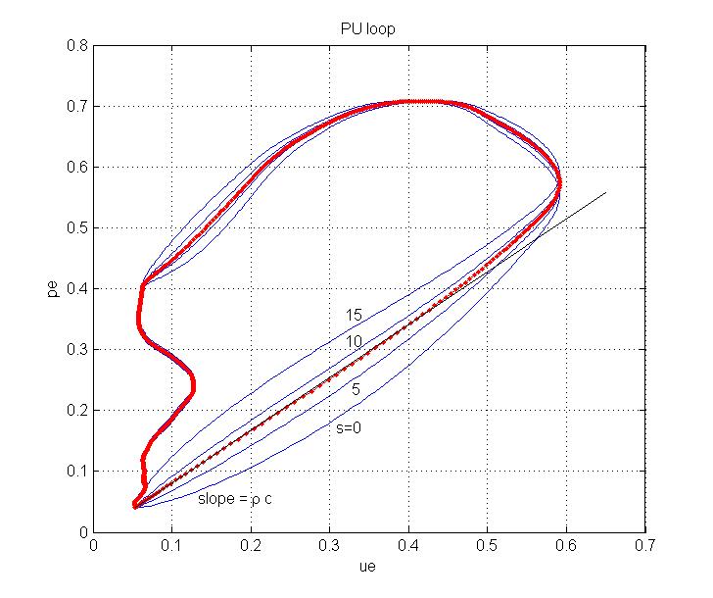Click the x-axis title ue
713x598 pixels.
(x=369, y=567)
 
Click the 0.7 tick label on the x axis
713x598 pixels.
(x=644, y=545)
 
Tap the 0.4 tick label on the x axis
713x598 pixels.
(x=408, y=545)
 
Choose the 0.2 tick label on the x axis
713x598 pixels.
(x=251, y=545)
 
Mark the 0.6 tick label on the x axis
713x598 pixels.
(x=566, y=545)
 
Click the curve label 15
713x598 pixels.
(x=354, y=316)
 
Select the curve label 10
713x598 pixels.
(x=354, y=342)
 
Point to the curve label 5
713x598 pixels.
(x=356, y=390)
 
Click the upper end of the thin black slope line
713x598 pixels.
(x=606, y=192)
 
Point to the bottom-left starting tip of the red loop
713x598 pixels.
(x=134, y=506)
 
